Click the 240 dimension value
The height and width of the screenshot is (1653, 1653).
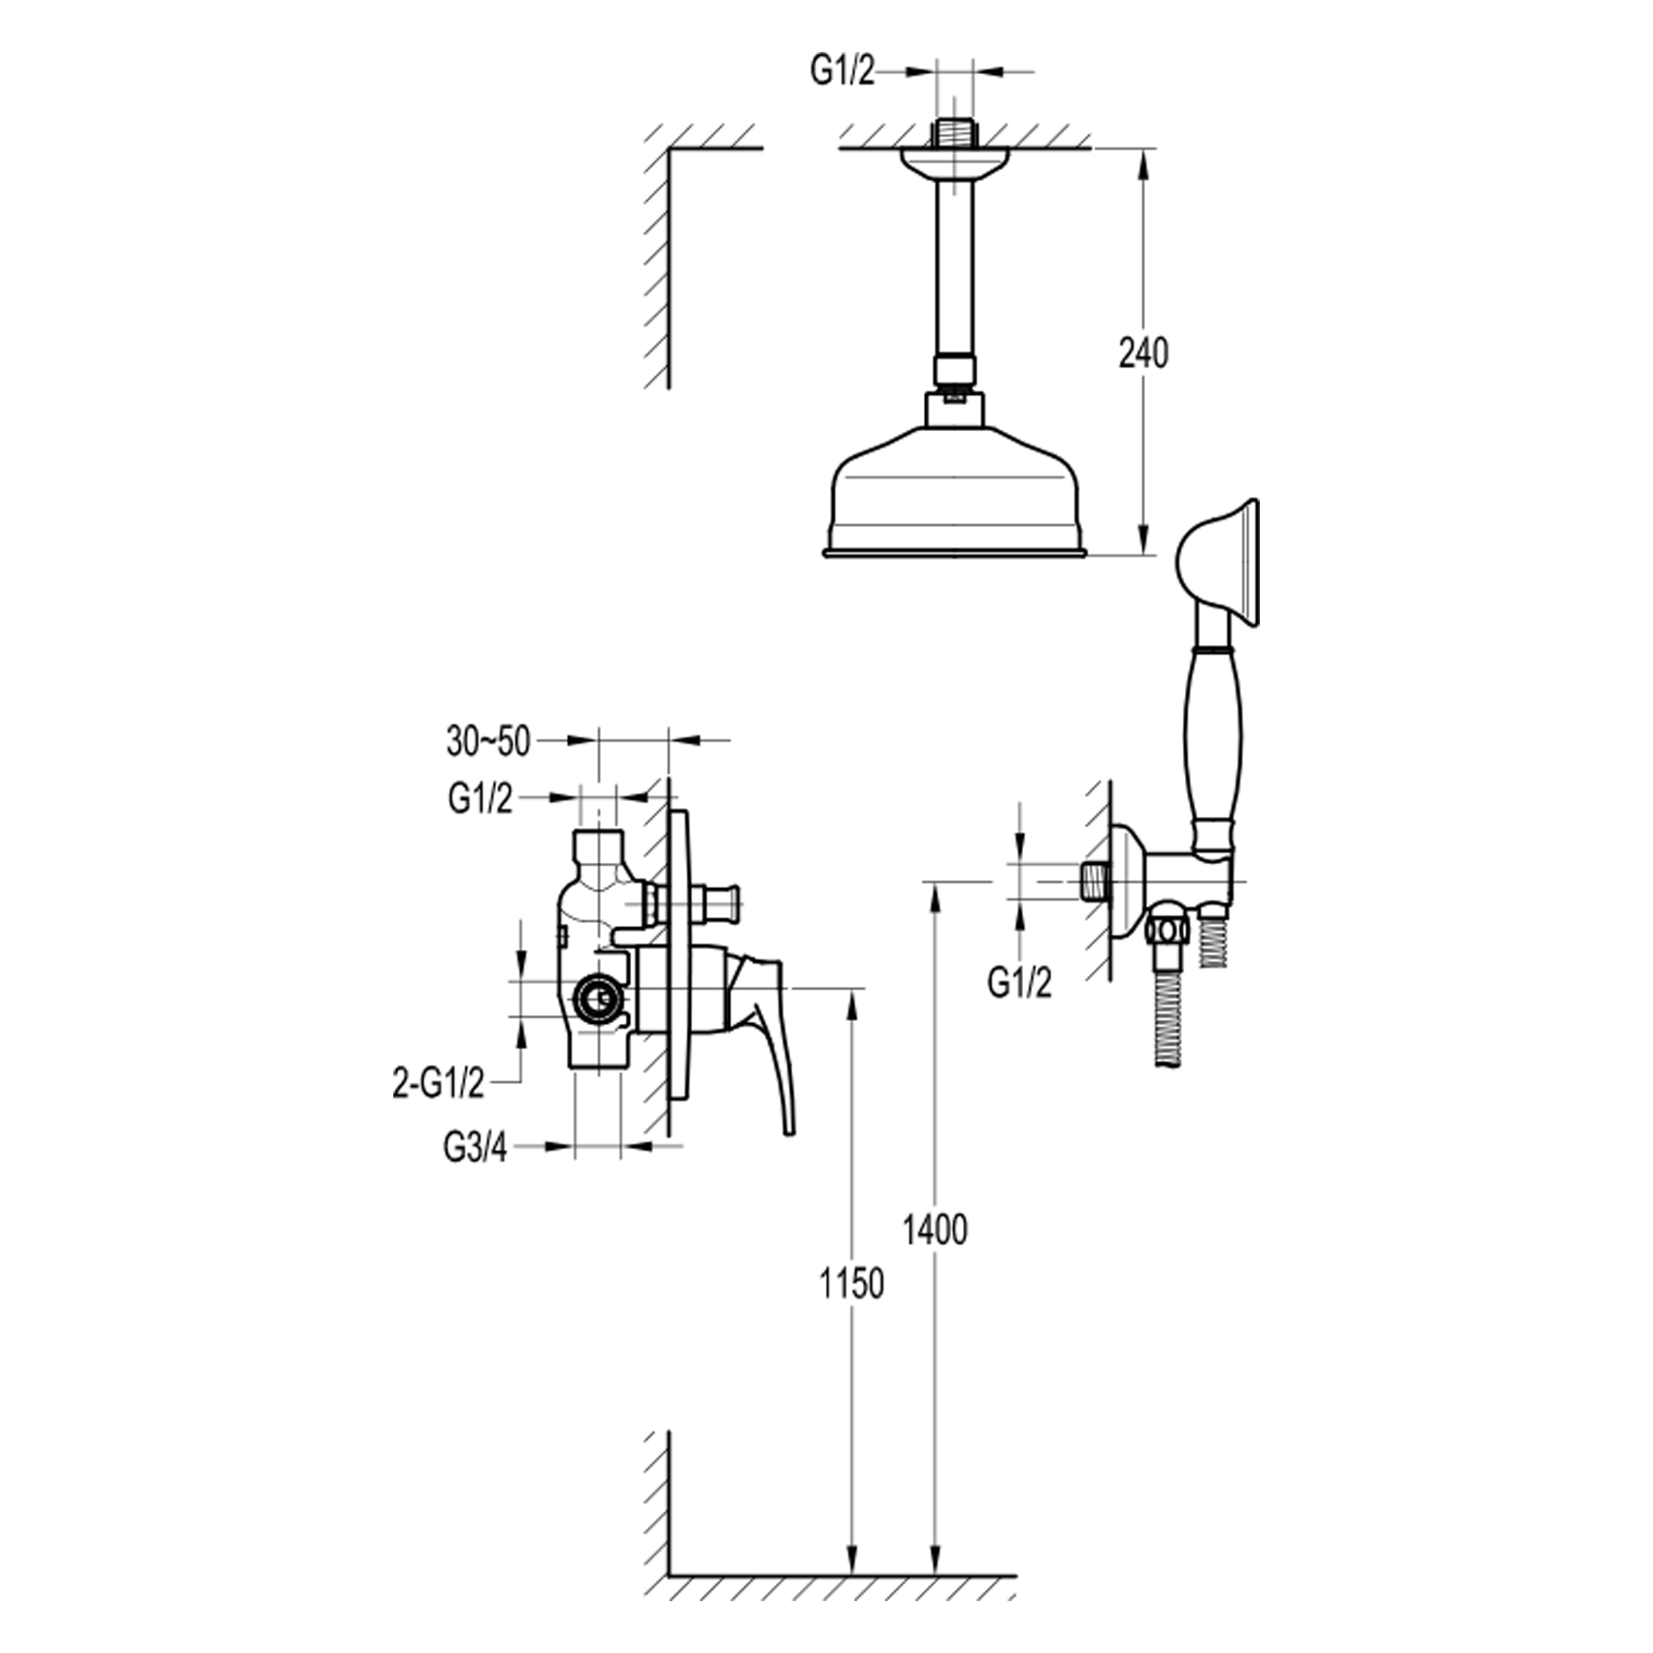pos(1143,353)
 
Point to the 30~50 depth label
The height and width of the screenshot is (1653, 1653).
pos(488,742)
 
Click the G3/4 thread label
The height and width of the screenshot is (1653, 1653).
pos(476,1148)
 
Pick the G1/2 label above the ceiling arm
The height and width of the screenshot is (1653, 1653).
pos(843,73)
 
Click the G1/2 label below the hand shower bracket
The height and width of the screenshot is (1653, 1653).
pos(1020,984)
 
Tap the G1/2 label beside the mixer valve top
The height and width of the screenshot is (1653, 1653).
pos(480,799)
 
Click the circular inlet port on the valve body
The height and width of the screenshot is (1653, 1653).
pos(598,998)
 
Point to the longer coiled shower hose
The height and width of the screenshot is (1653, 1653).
pos(1168,1018)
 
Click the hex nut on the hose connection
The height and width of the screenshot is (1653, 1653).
pos(1167,929)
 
